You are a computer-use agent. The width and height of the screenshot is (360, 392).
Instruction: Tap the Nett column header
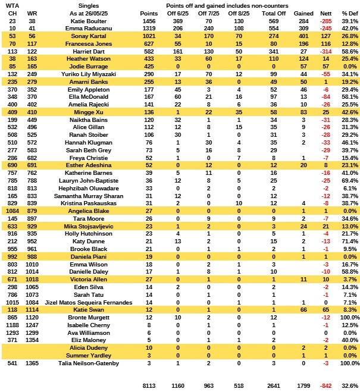tap(325, 12)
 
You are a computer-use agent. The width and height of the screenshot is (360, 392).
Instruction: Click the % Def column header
tap(349, 12)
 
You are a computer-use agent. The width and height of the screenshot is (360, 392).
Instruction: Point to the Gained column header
tap(303, 12)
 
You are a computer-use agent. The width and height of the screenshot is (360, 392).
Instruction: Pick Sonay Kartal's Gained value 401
tap(303, 36)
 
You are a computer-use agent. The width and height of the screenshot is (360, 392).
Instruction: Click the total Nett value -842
tap(325, 385)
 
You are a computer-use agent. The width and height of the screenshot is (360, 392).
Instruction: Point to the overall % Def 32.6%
tap(349, 385)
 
